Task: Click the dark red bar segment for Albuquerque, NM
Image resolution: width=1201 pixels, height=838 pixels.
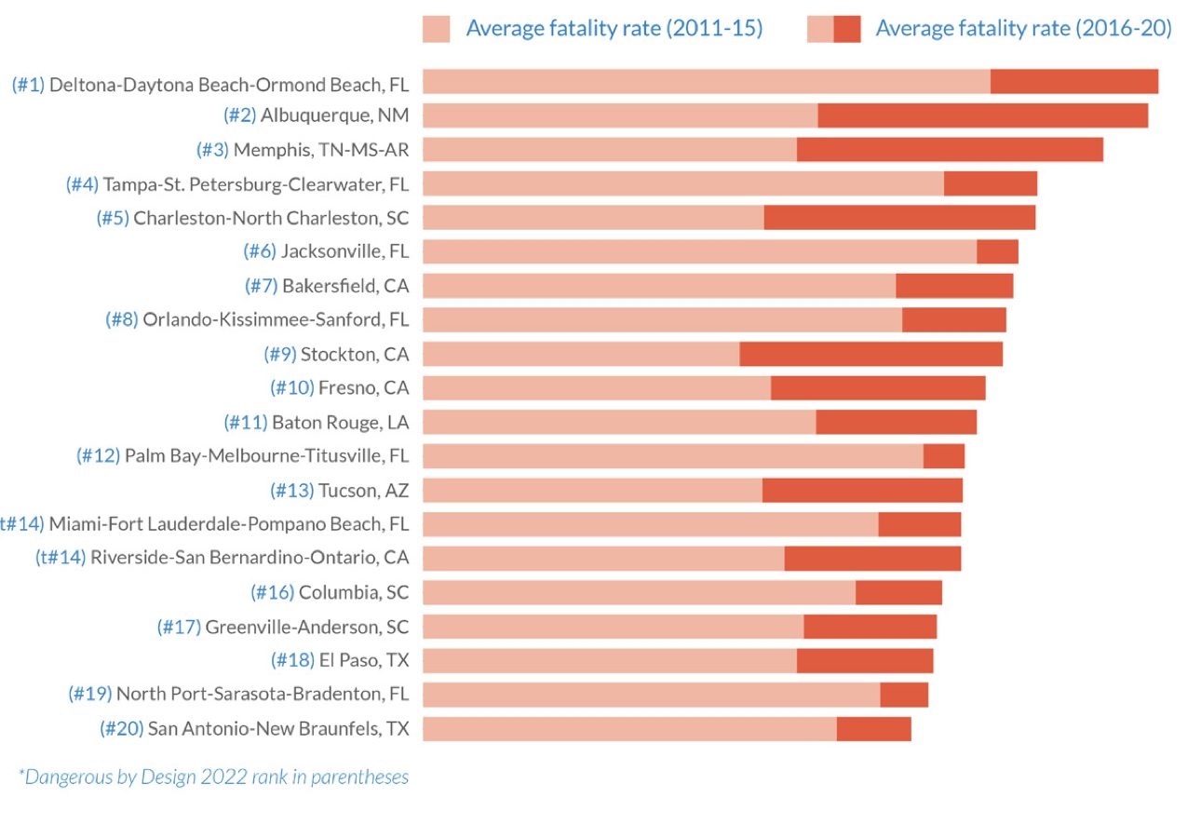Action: click(x=982, y=115)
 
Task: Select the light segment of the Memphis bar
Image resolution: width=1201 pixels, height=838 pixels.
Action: click(x=610, y=150)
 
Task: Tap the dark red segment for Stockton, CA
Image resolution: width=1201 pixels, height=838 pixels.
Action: click(x=870, y=354)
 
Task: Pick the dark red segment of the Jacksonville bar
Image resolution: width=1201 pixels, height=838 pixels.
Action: click(x=997, y=251)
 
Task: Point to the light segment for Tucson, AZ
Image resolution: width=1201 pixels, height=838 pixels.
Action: click(x=592, y=490)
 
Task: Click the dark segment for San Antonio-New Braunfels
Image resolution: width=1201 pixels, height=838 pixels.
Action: click(x=873, y=728)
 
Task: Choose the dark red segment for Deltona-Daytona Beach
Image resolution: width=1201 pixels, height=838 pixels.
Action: click(x=1073, y=82)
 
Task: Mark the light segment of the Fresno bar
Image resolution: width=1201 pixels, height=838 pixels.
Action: click(x=597, y=387)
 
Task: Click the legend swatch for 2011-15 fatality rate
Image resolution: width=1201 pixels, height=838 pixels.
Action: click(x=436, y=29)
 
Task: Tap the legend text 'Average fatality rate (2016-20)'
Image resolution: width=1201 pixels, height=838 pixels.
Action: click(x=1023, y=29)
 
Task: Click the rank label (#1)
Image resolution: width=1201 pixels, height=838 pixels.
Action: click(x=28, y=85)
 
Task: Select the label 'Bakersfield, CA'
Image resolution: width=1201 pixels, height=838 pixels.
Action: click(x=345, y=286)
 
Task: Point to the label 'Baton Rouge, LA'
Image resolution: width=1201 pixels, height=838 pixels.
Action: click(x=340, y=422)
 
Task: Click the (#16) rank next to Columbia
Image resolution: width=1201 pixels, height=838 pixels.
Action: click(x=273, y=592)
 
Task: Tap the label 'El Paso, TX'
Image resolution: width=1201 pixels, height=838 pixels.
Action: click(x=364, y=660)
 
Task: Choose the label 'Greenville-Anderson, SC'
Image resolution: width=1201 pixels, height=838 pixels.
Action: click(x=306, y=627)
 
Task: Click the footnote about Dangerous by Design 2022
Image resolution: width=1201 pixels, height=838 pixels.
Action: click(x=213, y=777)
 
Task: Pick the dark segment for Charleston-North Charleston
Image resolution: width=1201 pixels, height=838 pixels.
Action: click(x=899, y=218)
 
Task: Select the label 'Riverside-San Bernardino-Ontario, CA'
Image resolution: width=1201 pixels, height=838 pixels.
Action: click(x=250, y=558)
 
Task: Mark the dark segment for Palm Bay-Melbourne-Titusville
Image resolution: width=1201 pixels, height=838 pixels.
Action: click(x=943, y=456)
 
